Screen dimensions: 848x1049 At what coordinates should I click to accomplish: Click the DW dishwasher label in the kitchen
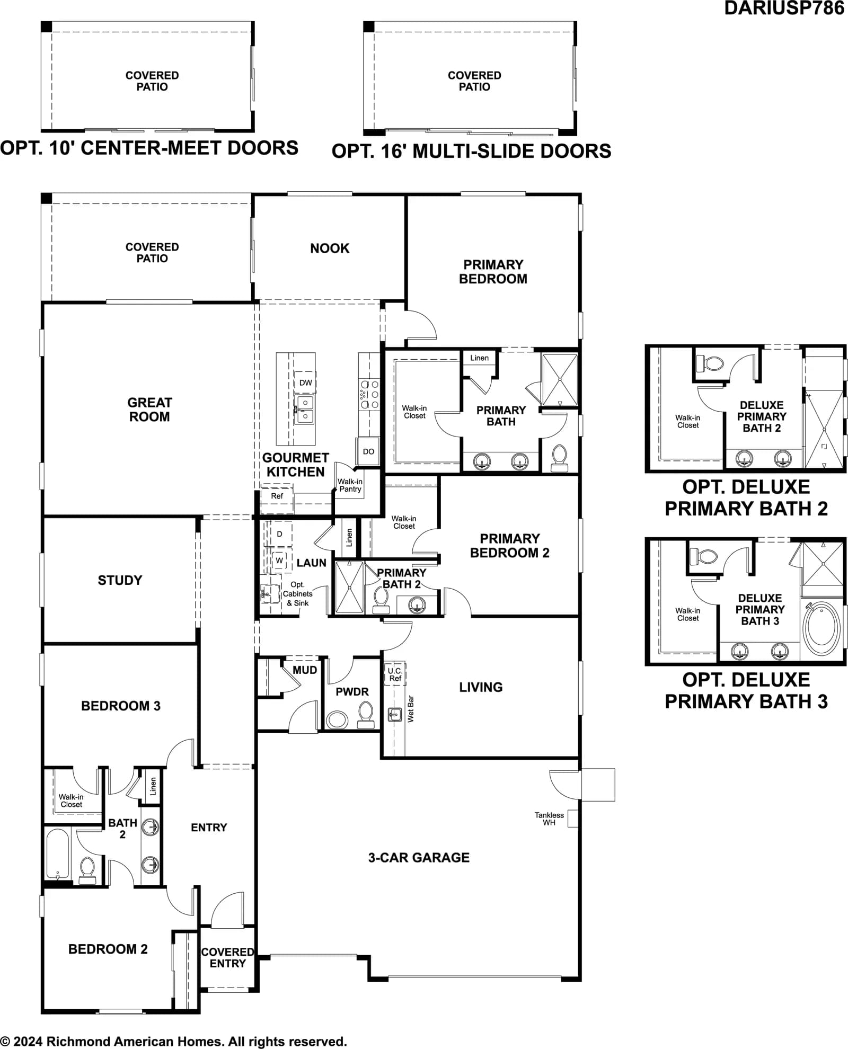pos(306,383)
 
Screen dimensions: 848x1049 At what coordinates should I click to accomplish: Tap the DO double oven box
pos(368,451)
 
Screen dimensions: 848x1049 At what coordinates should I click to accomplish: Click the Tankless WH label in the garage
pos(549,819)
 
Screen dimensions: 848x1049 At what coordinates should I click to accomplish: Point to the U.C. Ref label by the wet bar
pos(395,674)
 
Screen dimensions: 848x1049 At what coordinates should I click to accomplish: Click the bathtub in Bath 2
pos(57,854)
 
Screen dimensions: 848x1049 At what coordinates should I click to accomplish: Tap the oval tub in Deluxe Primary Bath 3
pos(821,629)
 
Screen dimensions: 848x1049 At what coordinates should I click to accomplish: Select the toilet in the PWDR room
pos(366,715)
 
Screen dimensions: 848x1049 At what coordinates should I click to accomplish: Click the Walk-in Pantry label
pos(350,485)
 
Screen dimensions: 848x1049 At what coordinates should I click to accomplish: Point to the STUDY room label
pos(120,580)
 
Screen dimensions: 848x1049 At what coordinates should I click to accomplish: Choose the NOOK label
pos(330,248)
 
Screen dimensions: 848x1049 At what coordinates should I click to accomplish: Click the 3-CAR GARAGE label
pos(419,858)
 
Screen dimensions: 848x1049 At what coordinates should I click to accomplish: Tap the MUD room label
pos(305,670)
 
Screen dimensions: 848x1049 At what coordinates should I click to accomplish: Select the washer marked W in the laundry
pos(279,561)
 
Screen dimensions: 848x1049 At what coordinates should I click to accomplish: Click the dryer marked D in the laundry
pos(279,534)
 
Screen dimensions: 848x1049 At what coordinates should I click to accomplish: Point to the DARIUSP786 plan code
pos(784,8)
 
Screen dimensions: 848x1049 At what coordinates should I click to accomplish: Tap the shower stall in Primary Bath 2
pos(349,587)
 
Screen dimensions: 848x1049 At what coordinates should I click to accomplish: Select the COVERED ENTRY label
pos(228,958)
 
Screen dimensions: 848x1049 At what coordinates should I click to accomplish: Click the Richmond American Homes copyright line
pos(173,1041)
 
